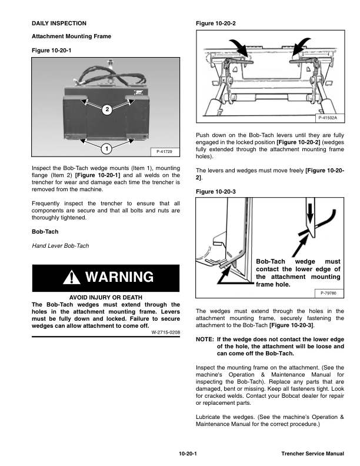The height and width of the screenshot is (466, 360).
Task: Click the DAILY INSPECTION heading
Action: click(x=59, y=23)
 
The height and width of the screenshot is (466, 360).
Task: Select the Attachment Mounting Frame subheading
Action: click(x=71, y=36)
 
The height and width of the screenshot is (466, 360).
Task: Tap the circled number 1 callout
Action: click(x=106, y=148)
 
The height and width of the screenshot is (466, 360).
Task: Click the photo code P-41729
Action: click(x=165, y=152)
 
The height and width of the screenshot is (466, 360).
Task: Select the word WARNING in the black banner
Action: click(x=119, y=277)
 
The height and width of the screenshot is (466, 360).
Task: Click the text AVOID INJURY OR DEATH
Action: click(x=105, y=297)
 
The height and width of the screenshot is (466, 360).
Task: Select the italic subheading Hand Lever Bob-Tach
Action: click(x=60, y=245)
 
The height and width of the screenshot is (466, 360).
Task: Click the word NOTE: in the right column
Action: click(x=204, y=339)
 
